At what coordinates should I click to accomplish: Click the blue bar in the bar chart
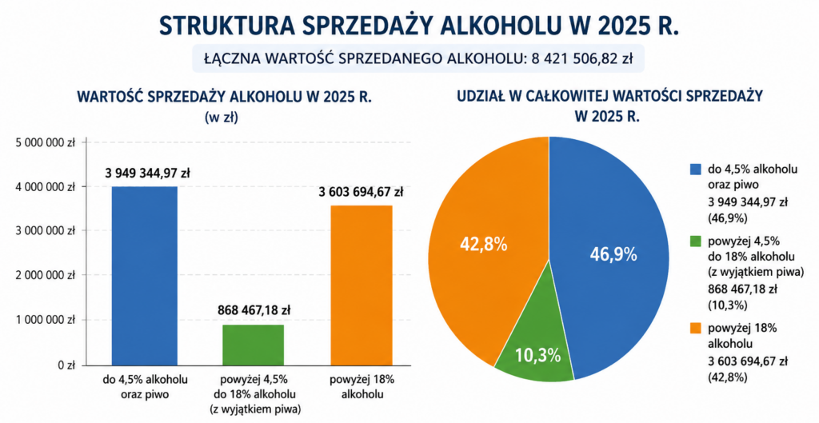[x=145, y=276]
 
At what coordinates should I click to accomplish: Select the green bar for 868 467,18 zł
[x=254, y=345]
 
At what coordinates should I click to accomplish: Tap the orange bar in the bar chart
[x=362, y=285]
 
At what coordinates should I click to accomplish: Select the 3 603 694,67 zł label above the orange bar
[x=361, y=192]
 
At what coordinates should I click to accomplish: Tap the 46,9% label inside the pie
[x=613, y=254]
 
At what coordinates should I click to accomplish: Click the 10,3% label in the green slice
[x=537, y=356]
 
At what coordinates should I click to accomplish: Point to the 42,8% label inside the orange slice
[x=483, y=244]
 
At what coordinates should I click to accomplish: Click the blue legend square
[x=695, y=170]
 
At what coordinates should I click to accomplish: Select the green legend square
[x=695, y=241]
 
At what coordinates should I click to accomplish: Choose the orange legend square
[x=695, y=328]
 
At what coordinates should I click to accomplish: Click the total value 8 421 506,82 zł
[x=582, y=59]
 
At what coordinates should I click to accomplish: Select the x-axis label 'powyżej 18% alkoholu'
[x=362, y=386]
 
